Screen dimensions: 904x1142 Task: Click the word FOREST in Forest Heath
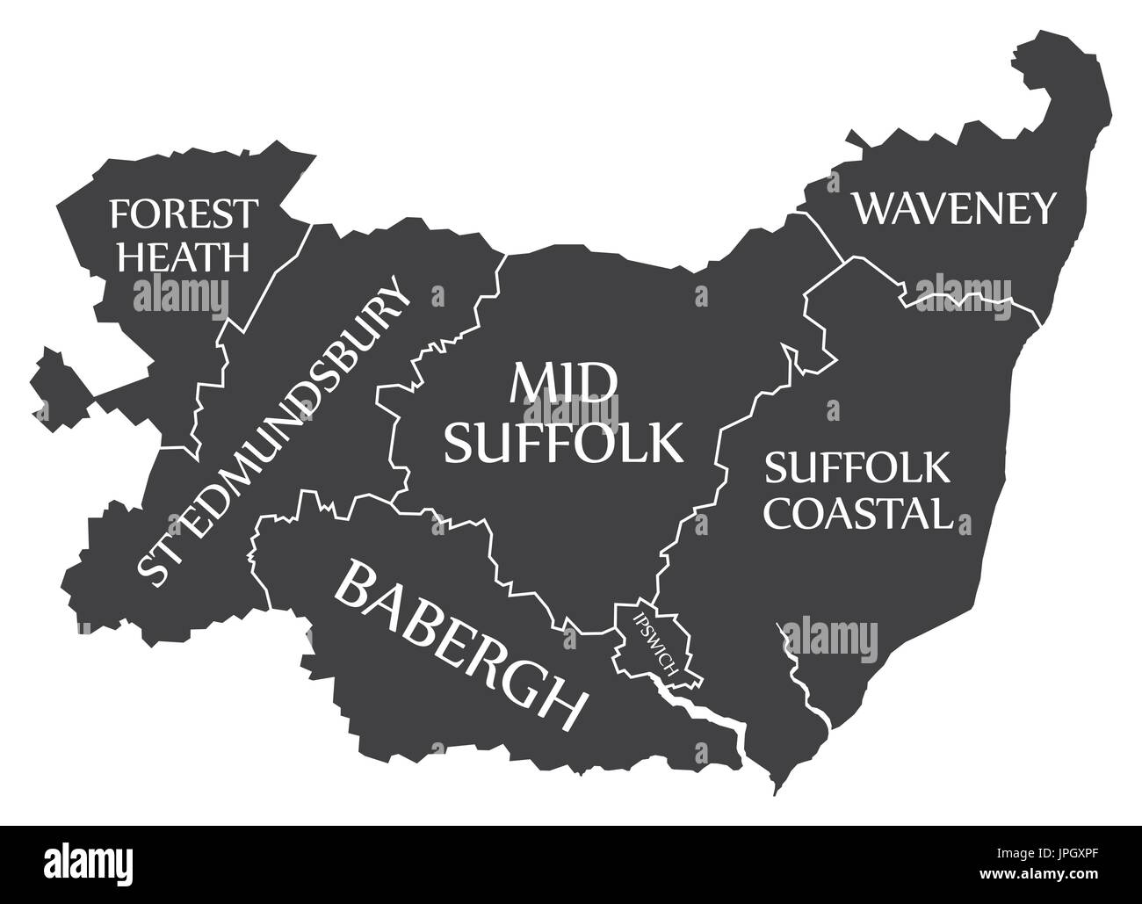coord(184,213)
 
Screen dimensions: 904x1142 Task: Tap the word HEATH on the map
coord(184,257)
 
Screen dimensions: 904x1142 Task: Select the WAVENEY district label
coord(954,209)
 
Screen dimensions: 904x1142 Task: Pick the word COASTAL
coord(858,512)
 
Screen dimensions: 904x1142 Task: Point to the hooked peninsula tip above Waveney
coord(1045,61)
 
